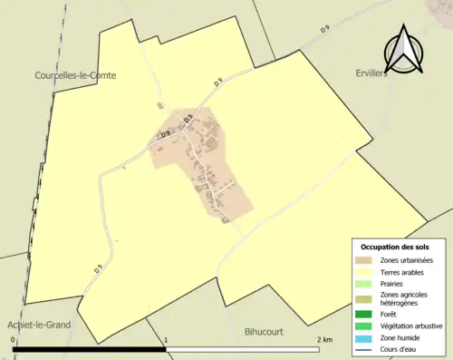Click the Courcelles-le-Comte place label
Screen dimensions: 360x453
pyautogui.click(x=76, y=75)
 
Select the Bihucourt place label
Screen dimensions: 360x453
pyautogui.click(x=265, y=332)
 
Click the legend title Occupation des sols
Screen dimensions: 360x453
pyautogui.click(x=395, y=247)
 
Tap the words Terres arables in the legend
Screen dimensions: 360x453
pyautogui.click(x=406, y=271)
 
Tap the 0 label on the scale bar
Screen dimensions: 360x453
pyautogui.click(x=14, y=340)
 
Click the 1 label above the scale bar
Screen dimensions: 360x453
pyautogui.click(x=166, y=340)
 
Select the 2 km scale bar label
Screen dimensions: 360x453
pyautogui.click(x=323, y=340)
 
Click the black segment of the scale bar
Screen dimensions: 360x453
pyautogui.click(x=90, y=349)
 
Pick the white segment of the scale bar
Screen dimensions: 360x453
pyautogui.click(x=242, y=349)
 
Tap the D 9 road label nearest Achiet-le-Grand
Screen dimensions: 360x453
pyautogui.click(x=97, y=268)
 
